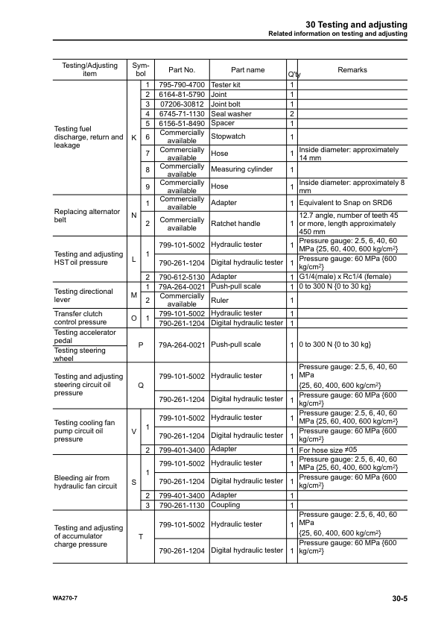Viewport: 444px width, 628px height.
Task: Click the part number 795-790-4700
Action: click(183, 85)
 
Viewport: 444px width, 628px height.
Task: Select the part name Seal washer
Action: click(231, 114)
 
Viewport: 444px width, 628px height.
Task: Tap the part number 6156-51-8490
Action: click(183, 124)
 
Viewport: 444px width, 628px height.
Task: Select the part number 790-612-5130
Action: click(183, 277)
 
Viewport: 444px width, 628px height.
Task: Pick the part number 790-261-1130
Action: click(183, 506)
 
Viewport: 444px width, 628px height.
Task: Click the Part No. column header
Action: click(183, 70)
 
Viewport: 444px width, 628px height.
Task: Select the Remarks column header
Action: click(352, 69)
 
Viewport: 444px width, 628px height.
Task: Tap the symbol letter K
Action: click(133, 138)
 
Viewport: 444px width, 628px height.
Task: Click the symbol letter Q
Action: click(141, 386)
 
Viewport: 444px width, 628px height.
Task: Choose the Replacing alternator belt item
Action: click(87, 216)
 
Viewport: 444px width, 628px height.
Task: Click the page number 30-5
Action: click(399, 598)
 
